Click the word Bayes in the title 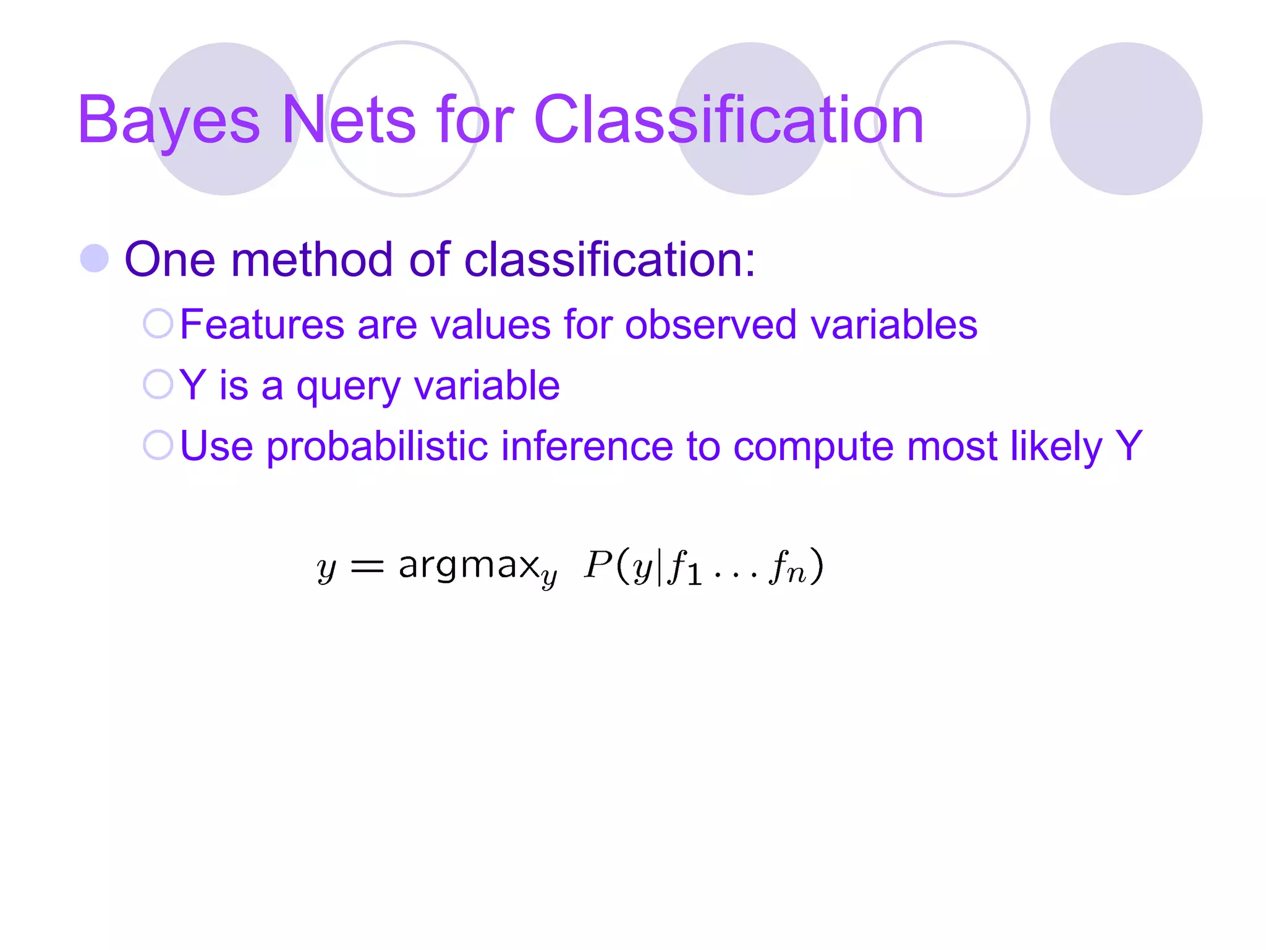(x=168, y=121)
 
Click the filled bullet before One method (x=95, y=259)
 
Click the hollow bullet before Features (x=158, y=323)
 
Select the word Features (x=261, y=324)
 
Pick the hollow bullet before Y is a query (x=158, y=384)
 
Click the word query (x=348, y=386)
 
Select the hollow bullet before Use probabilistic (x=158, y=445)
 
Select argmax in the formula (x=469, y=565)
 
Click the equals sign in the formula (x=367, y=566)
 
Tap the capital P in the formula (x=598, y=564)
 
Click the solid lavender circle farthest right (x=1126, y=119)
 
